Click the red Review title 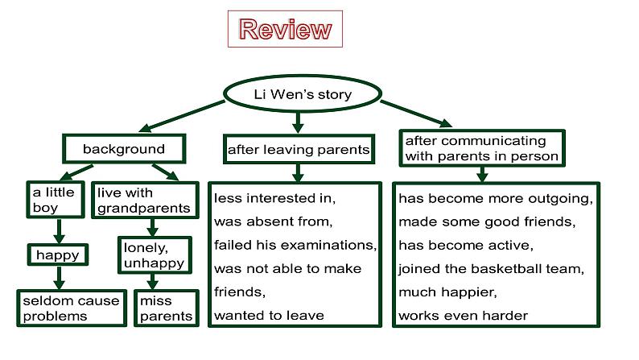click(x=285, y=29)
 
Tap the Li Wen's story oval click(x=303, y=93)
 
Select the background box click(x=124, y=149)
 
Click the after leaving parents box click(x=299, y=149)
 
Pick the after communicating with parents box click(x=482, y=148)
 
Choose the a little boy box click(x=56, y=200)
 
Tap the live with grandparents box click(x=145, y=201)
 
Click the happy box click(x=58, y=254)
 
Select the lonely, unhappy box click(x=155, y=255)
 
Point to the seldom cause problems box click(x=72, y=308)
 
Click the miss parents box click(x=167, y=308)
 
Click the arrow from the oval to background click(x=182, y=116)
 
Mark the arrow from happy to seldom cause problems click(x=59, y=278)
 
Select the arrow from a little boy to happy click(x=59, y=231)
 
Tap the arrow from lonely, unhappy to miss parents click(x=153, y=282)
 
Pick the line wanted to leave click(x=269, y=316)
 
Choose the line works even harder click(x=463, y=316)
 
